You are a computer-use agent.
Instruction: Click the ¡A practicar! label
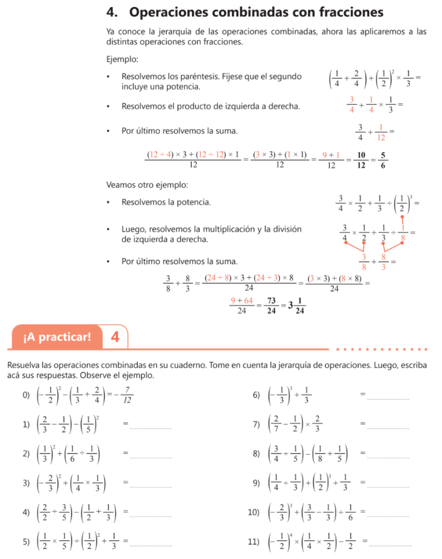(x=57, y=337)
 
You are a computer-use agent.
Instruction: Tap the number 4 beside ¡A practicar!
(x=115, y=337)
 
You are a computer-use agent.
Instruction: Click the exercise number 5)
(x=26, y=542)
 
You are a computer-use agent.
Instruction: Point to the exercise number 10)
(x=254, y=513)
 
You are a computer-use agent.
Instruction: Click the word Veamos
(x=121, y=185)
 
